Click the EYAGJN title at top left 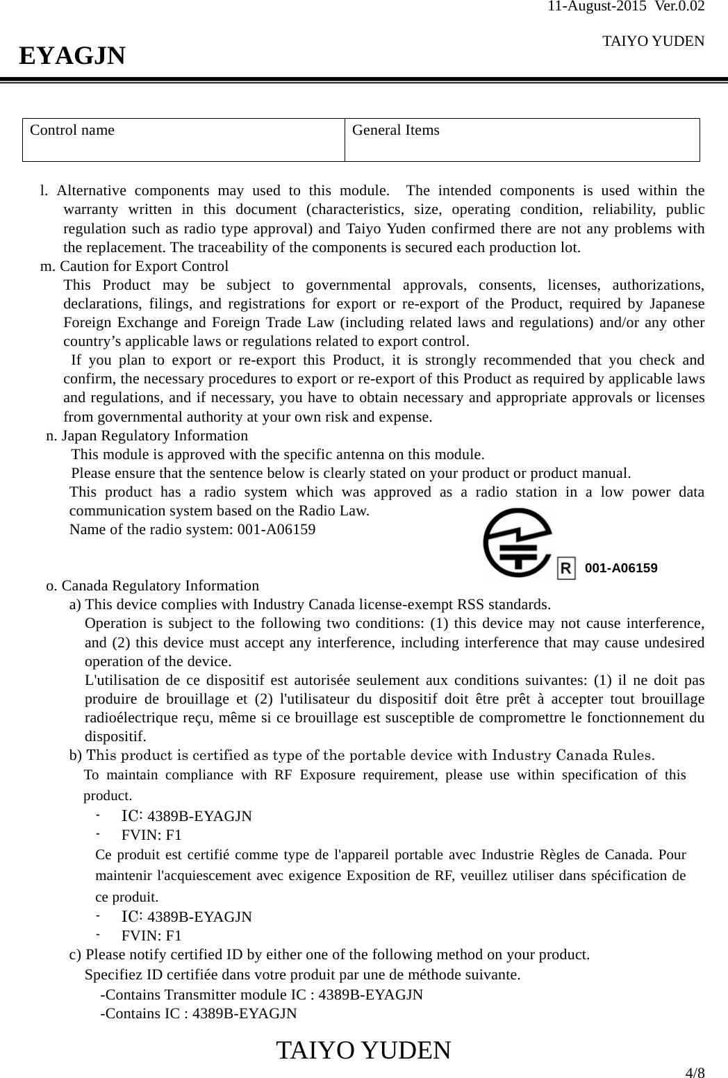coord(72,56)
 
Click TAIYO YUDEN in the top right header coord(653,41)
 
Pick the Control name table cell coord(184,140)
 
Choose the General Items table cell coord(522,140)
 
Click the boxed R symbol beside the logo coord(567,569)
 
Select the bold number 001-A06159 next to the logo coord(621,568)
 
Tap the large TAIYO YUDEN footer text coord(363,1050)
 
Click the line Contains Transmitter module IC coord(262,994)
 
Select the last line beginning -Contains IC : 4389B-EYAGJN coord(199,1013)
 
